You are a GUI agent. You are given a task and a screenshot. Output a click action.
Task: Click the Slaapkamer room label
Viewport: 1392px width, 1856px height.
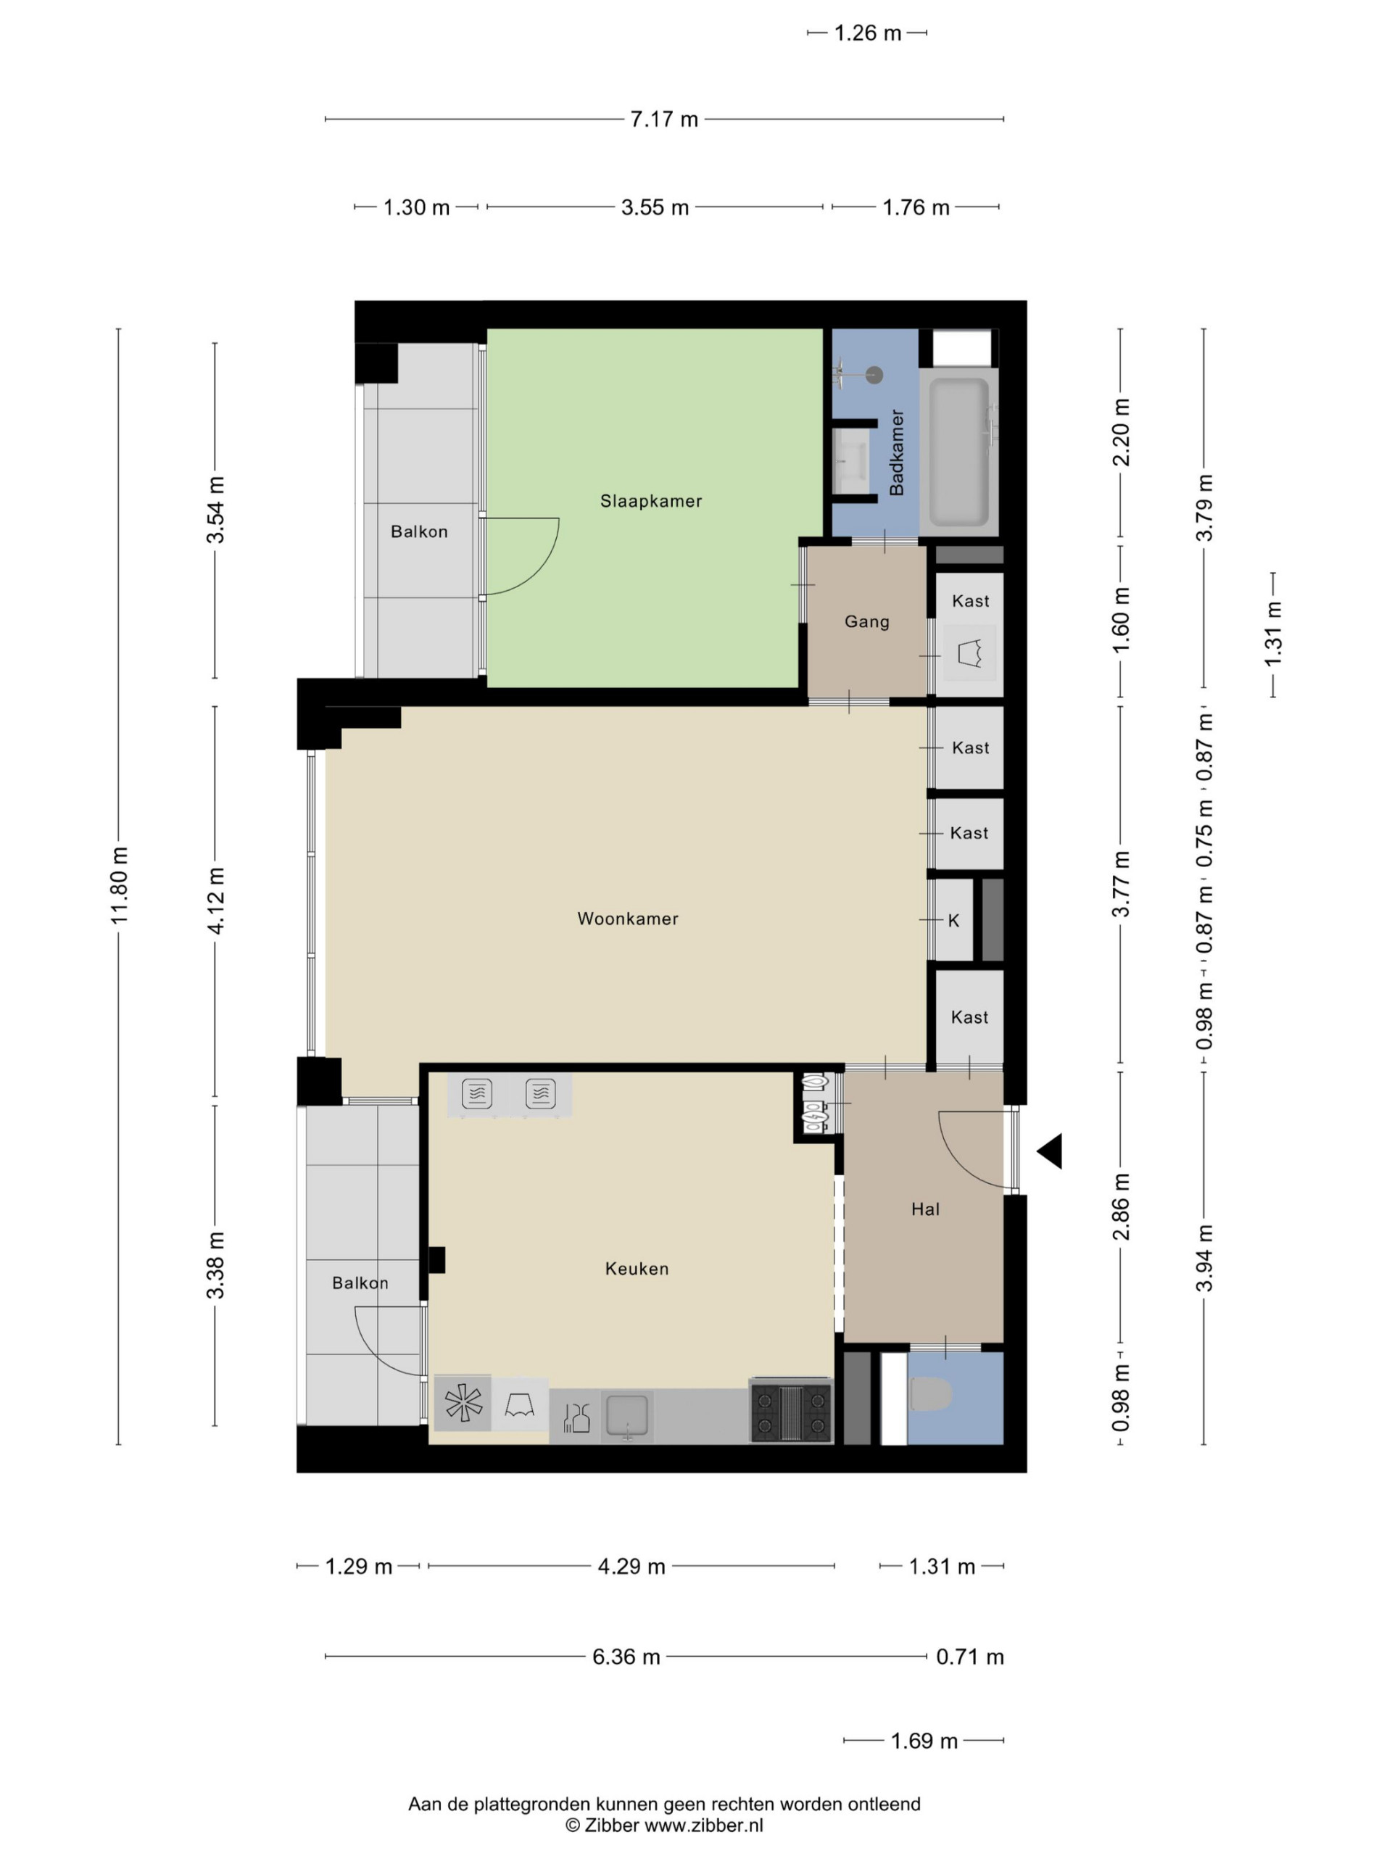pyautogui.click(x=650, y=501)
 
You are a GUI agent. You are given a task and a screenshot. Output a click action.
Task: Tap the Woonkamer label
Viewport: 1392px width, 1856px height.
pyautogui.click(x=628, y=919)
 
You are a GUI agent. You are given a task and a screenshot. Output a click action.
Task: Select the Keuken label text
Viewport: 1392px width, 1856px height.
pyautogui.click(x=637, y=1269)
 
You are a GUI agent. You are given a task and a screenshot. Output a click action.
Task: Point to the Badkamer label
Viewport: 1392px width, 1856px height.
pyautogui.click(x=896, y=452)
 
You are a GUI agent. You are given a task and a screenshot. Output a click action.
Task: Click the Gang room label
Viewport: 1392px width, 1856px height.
pyautogui.click(x=867, y=622)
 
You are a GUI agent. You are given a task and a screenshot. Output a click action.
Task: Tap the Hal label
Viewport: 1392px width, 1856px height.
pyautogui.click(x=926, y=1209)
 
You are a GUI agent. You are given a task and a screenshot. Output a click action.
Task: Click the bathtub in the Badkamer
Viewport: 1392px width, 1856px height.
pyautogui.click(x=959, y=452)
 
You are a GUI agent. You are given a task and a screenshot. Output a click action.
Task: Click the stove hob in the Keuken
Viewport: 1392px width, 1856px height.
pyautogui.click(x=791, y=1412)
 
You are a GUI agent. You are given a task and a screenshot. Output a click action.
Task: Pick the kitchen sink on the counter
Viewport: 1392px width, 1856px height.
pyautogui.click(x=627, y=1417)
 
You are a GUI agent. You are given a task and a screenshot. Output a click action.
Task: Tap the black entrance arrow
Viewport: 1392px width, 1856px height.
pyautogui.click(x=1051, y=1151)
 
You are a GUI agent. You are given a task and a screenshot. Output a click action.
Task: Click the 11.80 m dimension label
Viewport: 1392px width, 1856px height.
pyautogui.click(x=119, y=886)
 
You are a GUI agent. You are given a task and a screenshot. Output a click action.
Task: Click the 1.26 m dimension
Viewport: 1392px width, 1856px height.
pyautogui.click(x=868, y=33)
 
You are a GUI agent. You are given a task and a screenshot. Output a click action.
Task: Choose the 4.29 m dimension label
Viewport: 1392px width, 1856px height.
pyautogui.click(x=631, y=1567)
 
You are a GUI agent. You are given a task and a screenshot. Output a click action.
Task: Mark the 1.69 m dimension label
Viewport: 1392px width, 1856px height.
pyautogui.click(x=924, y=1741)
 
